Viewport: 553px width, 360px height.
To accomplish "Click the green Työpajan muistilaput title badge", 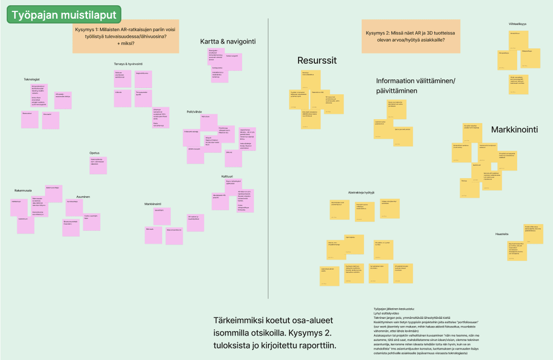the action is (x=64, y=15).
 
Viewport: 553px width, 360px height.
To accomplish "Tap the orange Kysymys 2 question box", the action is (x=410, y=36).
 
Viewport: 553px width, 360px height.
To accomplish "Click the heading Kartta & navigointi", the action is (x=228, y=42).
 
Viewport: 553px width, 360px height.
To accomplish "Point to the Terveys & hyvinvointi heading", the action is (x=128, y=64).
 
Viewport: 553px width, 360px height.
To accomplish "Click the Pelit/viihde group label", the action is (x=194, y=112).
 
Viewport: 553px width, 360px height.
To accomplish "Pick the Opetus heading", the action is (x=94, y=153).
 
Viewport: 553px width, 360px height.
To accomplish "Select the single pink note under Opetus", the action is (x=98, y=165).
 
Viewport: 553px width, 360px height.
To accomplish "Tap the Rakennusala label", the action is (x=23, y=191).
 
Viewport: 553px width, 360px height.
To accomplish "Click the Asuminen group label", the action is (x=83, y=197).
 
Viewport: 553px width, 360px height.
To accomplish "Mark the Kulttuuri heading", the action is (x=227, y=177).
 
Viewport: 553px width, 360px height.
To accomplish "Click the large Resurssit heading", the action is (x=317, y=60).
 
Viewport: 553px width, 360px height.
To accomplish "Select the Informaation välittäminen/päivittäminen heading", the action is (x=416, y=85).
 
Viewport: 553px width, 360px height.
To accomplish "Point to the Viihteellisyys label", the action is (x=518, y=24).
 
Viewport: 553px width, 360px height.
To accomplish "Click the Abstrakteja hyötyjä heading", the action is (x=361, y=192).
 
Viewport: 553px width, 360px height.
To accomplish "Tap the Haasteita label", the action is (x=502, y=234).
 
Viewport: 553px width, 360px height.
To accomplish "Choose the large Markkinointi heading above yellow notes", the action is (x=514, y=130).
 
